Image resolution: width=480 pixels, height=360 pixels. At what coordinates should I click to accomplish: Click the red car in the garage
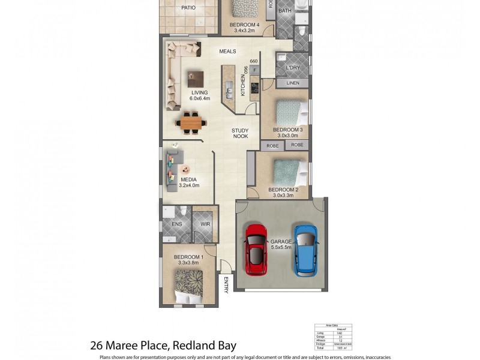click(257, 250)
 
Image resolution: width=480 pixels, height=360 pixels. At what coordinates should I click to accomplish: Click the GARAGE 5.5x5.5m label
click(280, 244)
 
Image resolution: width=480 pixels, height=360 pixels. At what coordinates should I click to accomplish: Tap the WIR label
click(205, 224)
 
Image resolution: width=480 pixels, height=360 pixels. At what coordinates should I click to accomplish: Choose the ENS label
click(176, 224)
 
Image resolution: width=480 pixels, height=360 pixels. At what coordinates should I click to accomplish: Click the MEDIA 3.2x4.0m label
click(188, 182)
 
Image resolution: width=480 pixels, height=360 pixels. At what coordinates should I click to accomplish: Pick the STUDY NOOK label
click(241, 133)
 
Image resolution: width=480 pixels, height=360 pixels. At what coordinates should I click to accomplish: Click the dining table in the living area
click(191, 123)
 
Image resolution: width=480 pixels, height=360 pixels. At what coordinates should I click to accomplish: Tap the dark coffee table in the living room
click(195, 79)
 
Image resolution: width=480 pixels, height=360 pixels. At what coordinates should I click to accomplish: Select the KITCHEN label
click(243, 87)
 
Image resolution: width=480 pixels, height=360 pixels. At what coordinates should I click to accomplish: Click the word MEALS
click(227, 52)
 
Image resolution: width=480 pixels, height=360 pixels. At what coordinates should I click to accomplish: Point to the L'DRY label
click(293, 68)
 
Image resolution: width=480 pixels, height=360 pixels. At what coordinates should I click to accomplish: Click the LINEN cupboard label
click(293, 83)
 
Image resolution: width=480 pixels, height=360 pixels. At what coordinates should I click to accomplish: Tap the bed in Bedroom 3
click(288, 112)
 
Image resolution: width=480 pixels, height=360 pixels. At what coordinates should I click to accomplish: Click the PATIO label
click(189, 8)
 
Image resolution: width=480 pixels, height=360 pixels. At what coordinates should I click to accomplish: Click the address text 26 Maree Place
click(129, 345)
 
